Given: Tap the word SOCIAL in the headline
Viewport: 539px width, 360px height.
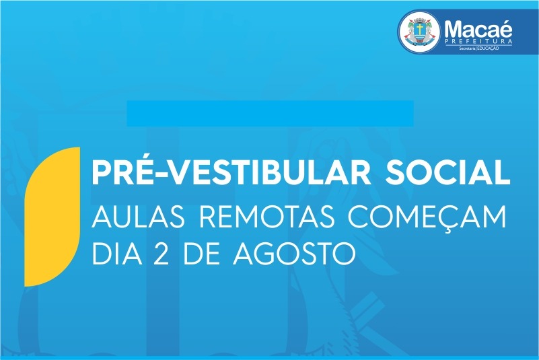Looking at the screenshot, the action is [447, 174].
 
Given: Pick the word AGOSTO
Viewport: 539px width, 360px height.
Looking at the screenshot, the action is [294, 254].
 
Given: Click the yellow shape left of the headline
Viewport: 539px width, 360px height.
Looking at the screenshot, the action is [52, 217].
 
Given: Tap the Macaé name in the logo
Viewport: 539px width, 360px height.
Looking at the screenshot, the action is [478, 30].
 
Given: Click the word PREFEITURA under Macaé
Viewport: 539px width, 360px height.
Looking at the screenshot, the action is [478, 42].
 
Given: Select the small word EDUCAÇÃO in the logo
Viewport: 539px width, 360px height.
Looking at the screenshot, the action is [488, 48].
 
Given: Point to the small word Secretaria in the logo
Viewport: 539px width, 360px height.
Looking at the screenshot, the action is [467, 48].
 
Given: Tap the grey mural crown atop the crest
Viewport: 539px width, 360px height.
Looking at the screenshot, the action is [419, 19].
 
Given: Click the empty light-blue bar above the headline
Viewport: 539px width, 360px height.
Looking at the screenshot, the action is [271, 114].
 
